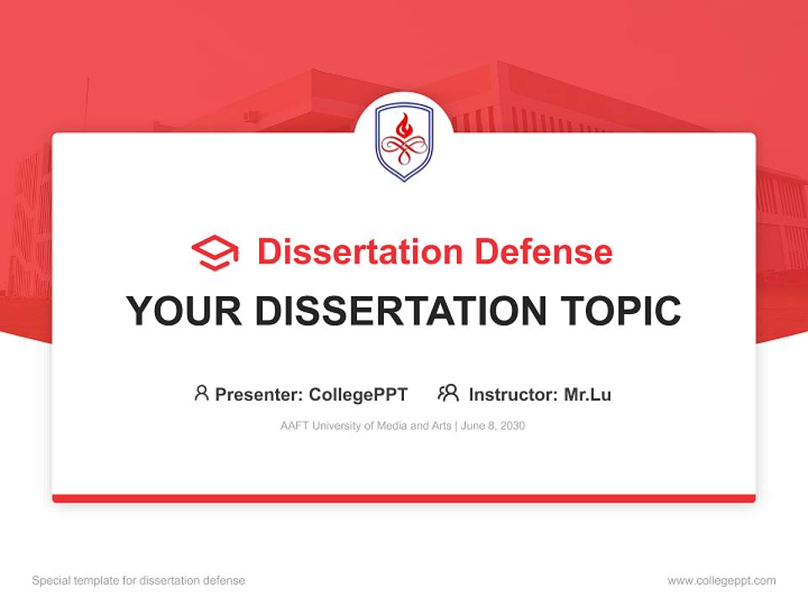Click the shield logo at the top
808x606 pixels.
404,141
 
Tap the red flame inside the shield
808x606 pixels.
404,127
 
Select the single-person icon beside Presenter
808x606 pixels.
201,393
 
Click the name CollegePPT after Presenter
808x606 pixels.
359,394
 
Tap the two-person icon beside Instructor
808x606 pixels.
448,393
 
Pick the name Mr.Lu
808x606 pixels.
587,394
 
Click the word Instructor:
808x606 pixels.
513,394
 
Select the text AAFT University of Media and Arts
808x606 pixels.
366,426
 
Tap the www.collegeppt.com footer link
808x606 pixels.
721,581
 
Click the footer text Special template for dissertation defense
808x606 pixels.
139,581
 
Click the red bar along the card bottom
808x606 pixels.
404,498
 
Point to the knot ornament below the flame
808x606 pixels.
404,151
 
